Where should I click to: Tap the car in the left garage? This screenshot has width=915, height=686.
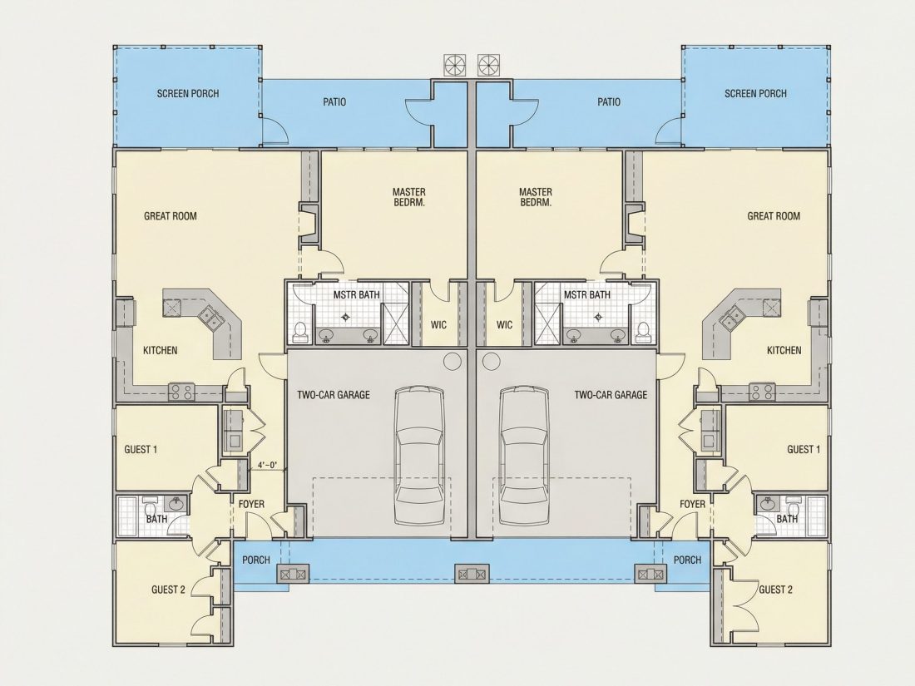(x=418, y=455)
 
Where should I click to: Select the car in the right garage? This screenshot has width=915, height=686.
(x=525, y=455)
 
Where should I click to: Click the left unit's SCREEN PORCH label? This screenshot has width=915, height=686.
(x=188, y=93)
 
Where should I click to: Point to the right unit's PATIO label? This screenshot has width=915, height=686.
(x=609, y=102)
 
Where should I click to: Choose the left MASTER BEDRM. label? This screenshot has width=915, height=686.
(x=409, y=197)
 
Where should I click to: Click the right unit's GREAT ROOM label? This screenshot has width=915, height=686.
(x=774, y=216)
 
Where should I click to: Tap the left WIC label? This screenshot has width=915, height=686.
(x=439, y=324)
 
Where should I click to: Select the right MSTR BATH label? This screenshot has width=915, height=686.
(x=587, y=295)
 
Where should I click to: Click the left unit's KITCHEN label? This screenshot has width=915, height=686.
(x=161, y=351)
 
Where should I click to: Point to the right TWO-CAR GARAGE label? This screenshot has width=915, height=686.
(x=611, y=395)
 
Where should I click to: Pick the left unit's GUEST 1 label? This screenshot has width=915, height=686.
(x=141, y=450)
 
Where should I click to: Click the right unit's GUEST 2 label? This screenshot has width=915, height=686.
(x=775, y=590)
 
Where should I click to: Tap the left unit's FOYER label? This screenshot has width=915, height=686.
(x=251, y=504)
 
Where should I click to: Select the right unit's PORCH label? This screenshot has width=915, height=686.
(x=687, y=560)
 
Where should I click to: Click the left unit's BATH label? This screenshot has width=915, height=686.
(x=156, y=519)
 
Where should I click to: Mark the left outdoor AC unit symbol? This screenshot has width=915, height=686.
(x=455, y=64)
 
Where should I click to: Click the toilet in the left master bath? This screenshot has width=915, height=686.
(x=300, y=331)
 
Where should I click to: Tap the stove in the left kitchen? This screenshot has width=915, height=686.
(x=181, y=392)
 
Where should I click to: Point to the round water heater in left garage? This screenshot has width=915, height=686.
(x=453, y=362)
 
